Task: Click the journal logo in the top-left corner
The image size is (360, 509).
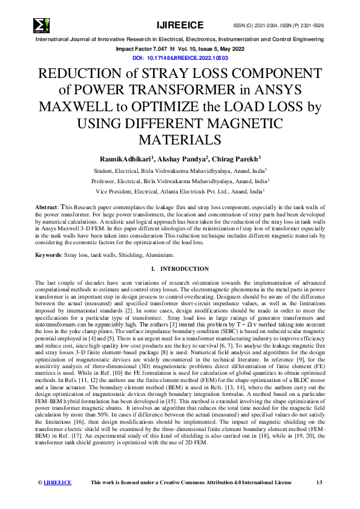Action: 42,25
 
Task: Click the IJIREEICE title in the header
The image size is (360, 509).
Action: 180,25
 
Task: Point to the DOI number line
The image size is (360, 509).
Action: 180,57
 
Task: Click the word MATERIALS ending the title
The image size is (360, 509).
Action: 180,140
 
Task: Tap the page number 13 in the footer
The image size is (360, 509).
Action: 319,482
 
